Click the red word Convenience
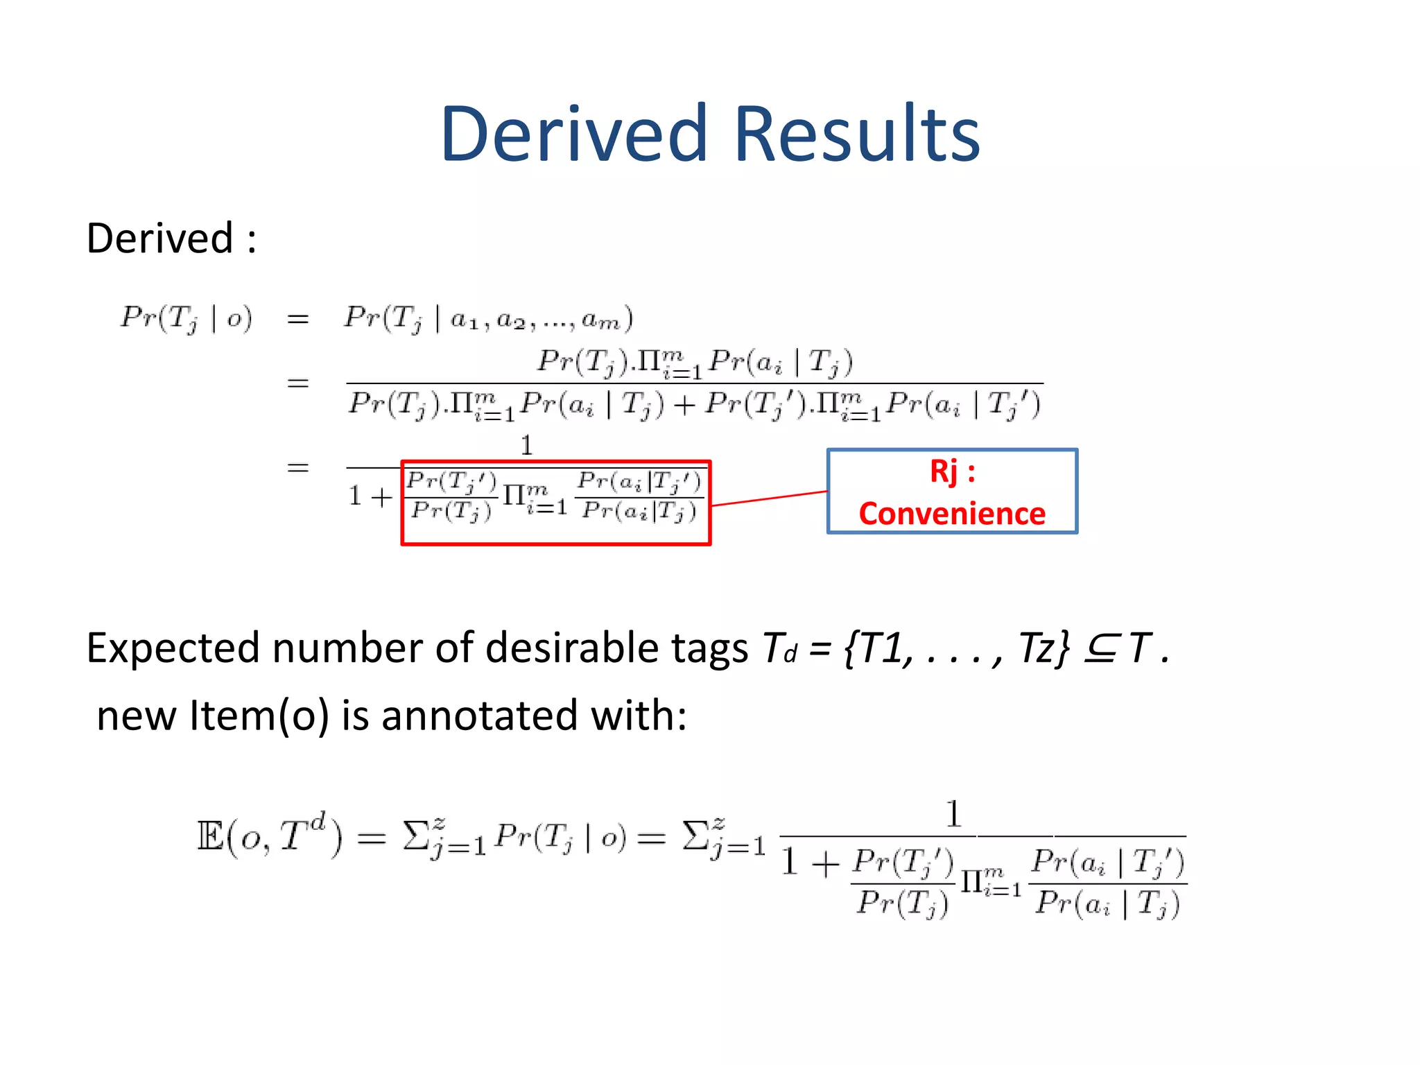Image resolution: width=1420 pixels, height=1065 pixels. [952, 514]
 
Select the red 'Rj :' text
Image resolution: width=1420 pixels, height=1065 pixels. [952, 471]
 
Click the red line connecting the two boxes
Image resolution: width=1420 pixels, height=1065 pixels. [770, 499]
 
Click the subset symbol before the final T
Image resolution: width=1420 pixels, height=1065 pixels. [1100, 649]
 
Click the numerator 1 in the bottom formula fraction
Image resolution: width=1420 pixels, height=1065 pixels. [954, 814]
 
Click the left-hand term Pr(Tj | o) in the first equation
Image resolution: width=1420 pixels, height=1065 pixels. [187, 319]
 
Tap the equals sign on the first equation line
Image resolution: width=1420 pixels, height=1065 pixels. [297, 319]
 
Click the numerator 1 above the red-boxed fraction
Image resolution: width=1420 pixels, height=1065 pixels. [527, 445]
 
